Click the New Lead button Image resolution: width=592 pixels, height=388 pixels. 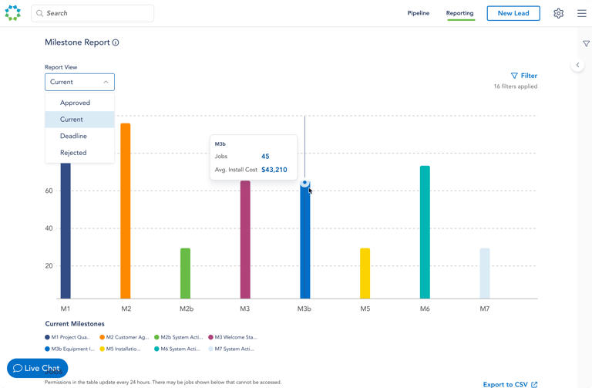(x=513, y=13)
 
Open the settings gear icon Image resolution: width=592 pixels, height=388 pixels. (x=559, y=13)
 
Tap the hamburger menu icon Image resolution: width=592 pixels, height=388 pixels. (x=582, y=13)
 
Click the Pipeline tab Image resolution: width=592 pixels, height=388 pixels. (x=419, y=13)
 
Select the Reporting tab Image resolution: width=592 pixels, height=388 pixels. (x=459, y=13)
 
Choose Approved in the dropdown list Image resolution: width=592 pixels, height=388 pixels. (x=75, y=103)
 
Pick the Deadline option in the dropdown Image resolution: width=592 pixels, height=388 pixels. (x=73, y=136)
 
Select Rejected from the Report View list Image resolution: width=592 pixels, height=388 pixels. (x=73, y=153)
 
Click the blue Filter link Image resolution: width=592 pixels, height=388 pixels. (x=524, y=76)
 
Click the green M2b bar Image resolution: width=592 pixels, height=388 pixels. (x=185, y=273)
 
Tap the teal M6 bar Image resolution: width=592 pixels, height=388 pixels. (x=425, y=231)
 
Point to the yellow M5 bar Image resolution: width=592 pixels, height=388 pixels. (x=365, y=273)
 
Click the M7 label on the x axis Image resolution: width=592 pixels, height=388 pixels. (x=484, y=309)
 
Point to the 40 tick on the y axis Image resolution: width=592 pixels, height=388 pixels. (x=49, y=228)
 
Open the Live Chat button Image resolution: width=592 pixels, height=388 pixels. (x=37, y=368)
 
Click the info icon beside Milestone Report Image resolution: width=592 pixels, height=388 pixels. (x=116, y=42)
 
